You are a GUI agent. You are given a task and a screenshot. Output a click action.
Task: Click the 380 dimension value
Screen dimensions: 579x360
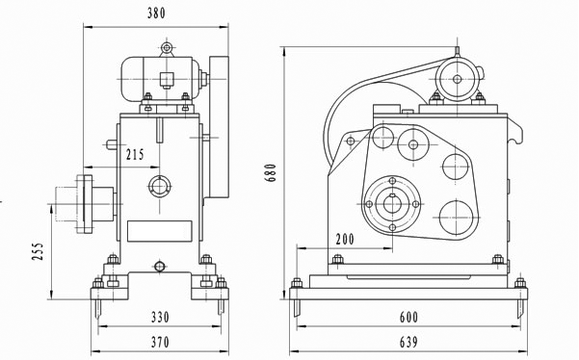[157, 13]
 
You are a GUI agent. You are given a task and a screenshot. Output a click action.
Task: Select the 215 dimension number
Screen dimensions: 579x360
[135, 154]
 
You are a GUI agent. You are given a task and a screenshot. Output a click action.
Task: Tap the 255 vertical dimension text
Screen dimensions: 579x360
[38, 251]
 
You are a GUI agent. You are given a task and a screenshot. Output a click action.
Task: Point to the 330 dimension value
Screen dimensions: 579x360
[160, 318]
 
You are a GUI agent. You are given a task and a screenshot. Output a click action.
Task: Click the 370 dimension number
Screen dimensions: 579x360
[160, 343]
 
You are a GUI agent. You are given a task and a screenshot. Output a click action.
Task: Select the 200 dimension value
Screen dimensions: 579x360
[345, 240]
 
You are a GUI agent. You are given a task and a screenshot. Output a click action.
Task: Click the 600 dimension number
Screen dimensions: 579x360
[408, 318]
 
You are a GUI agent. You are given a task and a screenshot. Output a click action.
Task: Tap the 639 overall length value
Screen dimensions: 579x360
[408, 343]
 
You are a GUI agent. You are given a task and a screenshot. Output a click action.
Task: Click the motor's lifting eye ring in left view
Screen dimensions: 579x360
[167, 48]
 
